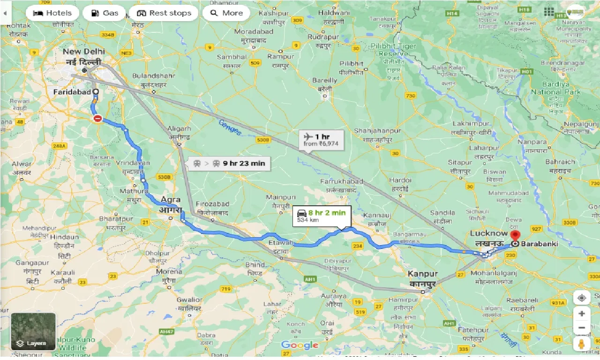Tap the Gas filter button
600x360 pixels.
point(104,13)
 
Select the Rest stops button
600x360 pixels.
point(164,13)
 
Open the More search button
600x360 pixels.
point(226,13)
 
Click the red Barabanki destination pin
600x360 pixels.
point(516,236)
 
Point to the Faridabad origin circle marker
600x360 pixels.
point(96,92)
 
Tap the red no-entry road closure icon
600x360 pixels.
point(97,119)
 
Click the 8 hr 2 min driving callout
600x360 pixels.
point(321,216)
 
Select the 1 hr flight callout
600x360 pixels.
point(321,140)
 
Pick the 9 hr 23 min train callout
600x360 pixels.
point(229,163)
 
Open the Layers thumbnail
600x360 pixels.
point(33,331)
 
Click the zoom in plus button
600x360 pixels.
point(581,314)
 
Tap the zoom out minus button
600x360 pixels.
point(581,328)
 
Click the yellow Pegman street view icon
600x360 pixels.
point(581,345)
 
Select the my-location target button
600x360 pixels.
point(581,298)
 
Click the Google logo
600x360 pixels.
point(300,345)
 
